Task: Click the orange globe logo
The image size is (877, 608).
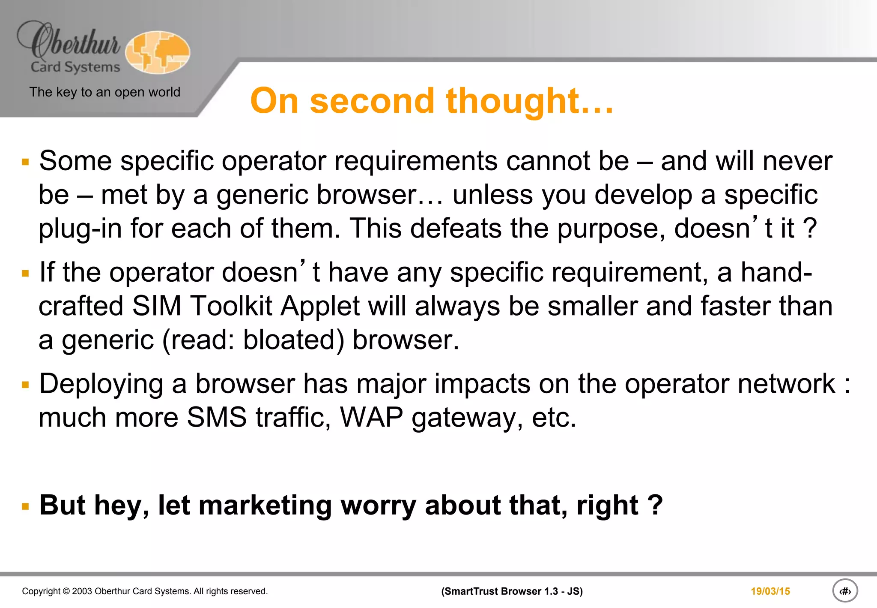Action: pos(158,52)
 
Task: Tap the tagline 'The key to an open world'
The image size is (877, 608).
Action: pos(104,92)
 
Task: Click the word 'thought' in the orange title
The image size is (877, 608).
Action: pos(512,101)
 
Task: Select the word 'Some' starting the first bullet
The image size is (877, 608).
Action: pos(75,161)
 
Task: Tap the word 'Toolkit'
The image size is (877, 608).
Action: pos(231,306)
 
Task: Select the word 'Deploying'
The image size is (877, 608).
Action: pos(101,384)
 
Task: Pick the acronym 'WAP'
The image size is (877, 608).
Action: pos(371,418)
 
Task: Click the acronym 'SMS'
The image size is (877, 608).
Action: pos(217,418)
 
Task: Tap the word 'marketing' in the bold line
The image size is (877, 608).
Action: pos(265,505)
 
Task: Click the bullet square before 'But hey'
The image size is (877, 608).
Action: pos(26,507)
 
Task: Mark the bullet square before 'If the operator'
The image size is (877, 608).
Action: pos(26,273)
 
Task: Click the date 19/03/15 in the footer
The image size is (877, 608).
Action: pos(770,591)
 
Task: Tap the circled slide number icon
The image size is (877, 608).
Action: pos(844,591)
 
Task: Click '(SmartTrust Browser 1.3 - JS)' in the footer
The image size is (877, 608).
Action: pos(512,591)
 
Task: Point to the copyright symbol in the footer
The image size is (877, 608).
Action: pos(66,591)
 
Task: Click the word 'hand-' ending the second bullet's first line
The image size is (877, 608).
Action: pos(776,273)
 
